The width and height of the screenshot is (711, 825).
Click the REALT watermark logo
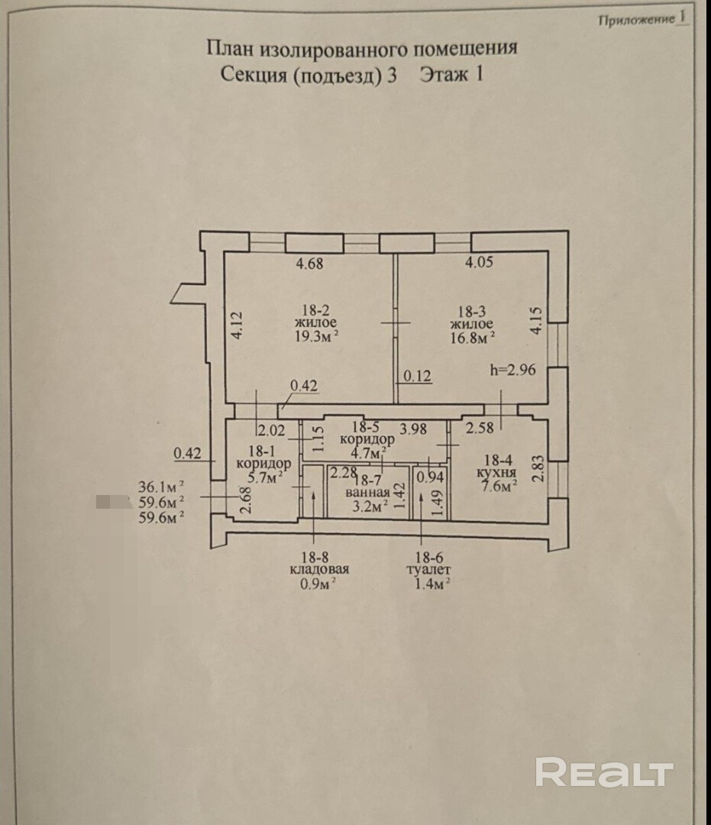point(604,772)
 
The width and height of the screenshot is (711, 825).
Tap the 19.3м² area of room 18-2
point(317,335)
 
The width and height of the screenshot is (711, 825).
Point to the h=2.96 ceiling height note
point(512,370)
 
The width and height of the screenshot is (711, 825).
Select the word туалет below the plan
point(430,570)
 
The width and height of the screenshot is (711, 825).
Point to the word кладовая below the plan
point(319,570)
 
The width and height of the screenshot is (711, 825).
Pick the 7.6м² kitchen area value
point(499,484)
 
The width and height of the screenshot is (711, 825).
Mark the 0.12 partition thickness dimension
point(418,376)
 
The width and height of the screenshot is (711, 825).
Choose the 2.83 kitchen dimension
point(538,468)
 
